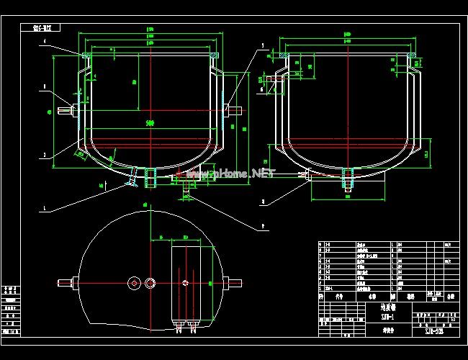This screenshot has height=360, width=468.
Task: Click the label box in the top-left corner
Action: pyautogui.click(x=47, y=28)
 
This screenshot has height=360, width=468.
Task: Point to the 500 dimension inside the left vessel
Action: pyautogui.click(x=150, y=123)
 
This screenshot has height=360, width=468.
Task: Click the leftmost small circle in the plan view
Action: pyautogui.click(x=133, y=283)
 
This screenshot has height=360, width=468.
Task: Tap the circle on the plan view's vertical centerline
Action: pyautogui.click(x=150, y=283)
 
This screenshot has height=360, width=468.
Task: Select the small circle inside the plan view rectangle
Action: pyautogui.click(x=185, y=283)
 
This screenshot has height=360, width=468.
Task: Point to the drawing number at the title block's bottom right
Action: pyautogui.click(x=433, y=330)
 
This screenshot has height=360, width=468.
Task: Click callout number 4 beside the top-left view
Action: pyautogui.click(x=45, y=42)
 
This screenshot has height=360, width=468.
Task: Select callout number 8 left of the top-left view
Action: pyautogui.click(x=45, y=87)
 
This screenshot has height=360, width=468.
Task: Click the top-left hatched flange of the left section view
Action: pyautogui.click(x=86, y=55)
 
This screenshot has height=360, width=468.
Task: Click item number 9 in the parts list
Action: pyautogui.click(x=321, y=245)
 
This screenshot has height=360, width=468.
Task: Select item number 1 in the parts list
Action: pyautogui.click(x=321, y=287)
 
